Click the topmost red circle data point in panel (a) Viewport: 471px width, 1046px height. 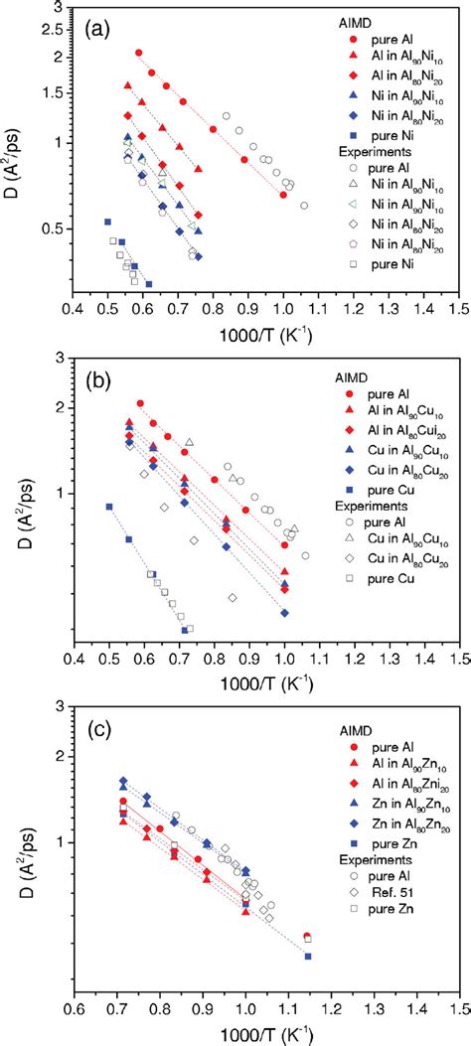[x=139, y=53]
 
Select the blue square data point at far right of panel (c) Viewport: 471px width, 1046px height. [x=308, y=957]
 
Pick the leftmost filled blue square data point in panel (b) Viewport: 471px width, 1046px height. [x=108, y=507]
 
